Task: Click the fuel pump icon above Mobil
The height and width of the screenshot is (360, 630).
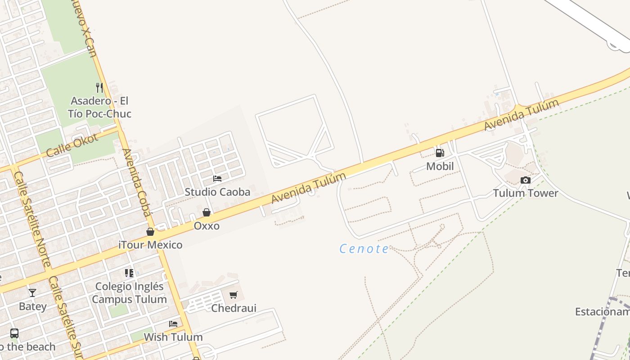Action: point(440,153)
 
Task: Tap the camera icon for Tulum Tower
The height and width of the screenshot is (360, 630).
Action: point(525,180)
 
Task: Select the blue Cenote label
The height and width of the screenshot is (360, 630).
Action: point(364,249)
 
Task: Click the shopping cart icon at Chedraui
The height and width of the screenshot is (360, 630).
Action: point(233,295)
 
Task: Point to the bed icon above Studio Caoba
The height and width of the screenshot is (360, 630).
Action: point(217,179)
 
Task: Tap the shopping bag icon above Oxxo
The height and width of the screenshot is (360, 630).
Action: point(207,212)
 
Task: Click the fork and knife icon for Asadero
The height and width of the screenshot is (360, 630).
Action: point(99,87)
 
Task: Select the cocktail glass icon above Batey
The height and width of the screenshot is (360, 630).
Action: point(32,293)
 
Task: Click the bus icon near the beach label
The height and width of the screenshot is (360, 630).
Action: point(14,333)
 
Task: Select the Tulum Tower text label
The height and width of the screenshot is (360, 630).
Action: point(525,193)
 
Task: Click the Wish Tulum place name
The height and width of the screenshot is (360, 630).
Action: point(173,337)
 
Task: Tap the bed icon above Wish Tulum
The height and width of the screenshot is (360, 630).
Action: point(173,324)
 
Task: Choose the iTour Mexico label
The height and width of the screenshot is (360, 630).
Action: point(150,245)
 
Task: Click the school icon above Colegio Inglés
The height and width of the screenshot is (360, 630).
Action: point(129,273)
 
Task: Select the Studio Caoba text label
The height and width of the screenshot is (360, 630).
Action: point(217,192)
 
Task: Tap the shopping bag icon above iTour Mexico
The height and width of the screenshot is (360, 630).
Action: point(150,232)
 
